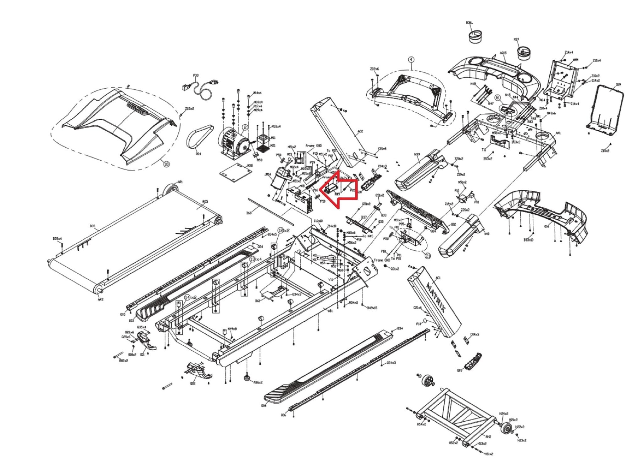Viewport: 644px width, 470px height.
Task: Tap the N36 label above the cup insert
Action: [469, 23]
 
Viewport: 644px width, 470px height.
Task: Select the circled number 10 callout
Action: [166, 164]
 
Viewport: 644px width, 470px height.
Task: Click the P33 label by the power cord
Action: [196, 75]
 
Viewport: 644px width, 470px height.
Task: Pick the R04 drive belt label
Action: [198, 154]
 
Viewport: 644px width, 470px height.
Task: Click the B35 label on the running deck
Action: [92, 226]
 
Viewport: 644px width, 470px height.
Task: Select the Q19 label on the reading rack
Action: [618, 85]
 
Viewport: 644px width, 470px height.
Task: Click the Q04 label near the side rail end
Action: [264, 406]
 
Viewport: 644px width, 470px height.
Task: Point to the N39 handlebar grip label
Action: [417, 154]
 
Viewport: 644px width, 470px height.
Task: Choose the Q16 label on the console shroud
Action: [547, 226]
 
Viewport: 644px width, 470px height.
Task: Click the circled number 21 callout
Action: [428, 256]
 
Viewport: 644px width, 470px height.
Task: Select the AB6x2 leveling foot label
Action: [258, 382]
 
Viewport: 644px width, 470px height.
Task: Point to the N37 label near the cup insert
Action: [516, 40]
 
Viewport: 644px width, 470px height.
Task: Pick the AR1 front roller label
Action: [180, 182]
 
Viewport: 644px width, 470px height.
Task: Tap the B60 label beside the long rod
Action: [249, 213]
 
